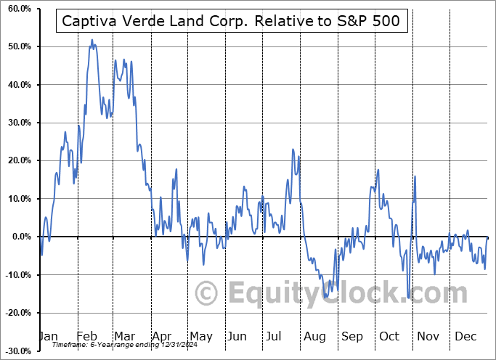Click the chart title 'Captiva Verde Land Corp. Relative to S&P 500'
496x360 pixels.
pyautogui.click(x=232, y=21)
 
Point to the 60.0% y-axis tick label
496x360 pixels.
pyautogui.click(x=18, y=9)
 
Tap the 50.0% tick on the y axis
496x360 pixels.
pyautogui.click(x=18, y=46)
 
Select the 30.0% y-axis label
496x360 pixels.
pyautogui.click(x=18, y=123)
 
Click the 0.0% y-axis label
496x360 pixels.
pyautogui.click(x=20, y=237)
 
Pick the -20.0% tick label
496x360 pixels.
pyautogui.click(x=17, y=313)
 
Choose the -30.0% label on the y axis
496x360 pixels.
pyautogui.click(x=17, y=351)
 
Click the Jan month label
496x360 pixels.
pyautogui.click(x=47, y=336)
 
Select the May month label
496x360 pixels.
pyautogui.click(x=201, y=336)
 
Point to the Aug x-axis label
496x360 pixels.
pyautogui.click(x=315, y=336)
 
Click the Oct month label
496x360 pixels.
pyautogui.click(x=390, y=336)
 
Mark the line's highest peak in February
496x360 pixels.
pyautogui.click(x=92, y=40)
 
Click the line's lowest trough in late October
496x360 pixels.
pyautogui.click(x=409, y=297)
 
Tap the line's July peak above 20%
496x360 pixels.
pyautogui.click(x=293, y=150)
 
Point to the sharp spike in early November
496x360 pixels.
pyautogui.click(x=415, y=176)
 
